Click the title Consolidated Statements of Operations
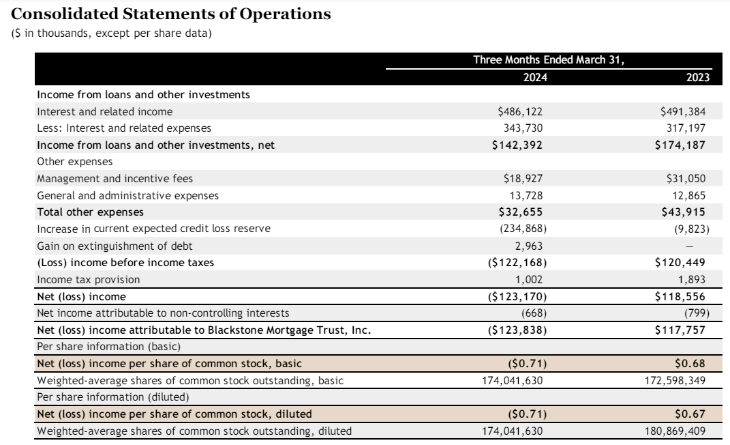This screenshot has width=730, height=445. point(172,14)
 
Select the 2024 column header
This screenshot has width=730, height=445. point(534,77)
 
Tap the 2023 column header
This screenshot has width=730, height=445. point(698,77)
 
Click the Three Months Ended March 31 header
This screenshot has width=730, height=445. point(549,60)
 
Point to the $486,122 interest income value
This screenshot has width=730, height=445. point(521,111)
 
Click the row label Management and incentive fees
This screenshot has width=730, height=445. point(115,178)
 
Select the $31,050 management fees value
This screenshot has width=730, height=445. point(686,178)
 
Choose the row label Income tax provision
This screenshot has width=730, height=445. point(88,279)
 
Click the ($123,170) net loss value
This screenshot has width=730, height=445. point(517,296)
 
